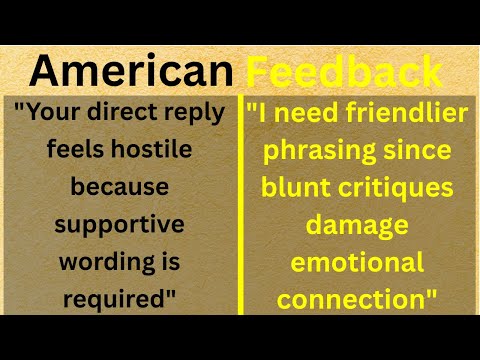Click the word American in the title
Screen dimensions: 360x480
click(130, 71)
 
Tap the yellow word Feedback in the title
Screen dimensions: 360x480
click(344, 71)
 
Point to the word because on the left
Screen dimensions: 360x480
click(120, 187)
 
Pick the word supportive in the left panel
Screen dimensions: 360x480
click(120, 224)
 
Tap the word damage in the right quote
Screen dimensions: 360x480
click(357, 224)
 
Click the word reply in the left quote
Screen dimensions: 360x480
click(194, 113)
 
